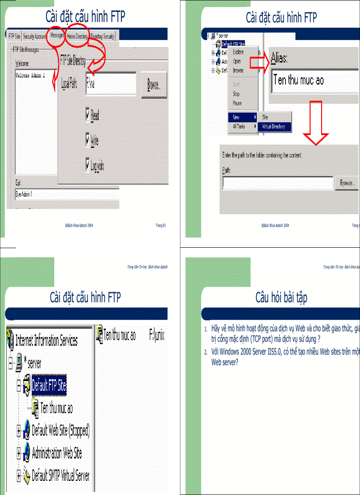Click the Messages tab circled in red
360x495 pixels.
tap(57, 36)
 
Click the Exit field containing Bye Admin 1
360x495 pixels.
tap(66, 194)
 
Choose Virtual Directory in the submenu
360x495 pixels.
tap(274, 127)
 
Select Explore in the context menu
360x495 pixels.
tap(238, 52)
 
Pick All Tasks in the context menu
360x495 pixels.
tap(239, 127)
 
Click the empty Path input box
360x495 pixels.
tap(277, 183)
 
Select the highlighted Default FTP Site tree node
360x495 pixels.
tap(49, 387)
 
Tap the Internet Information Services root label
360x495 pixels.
tap(46, 340)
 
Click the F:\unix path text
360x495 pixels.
tap(157, 335)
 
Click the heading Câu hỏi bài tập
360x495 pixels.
tap(281, 298)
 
